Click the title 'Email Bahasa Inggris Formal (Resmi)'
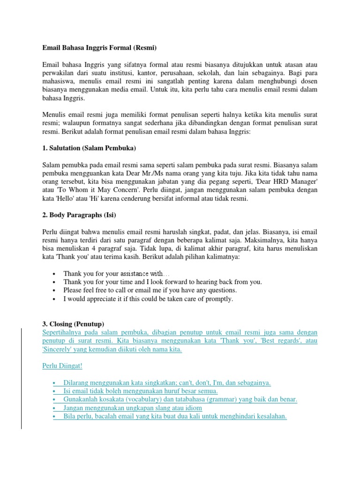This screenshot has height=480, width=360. click(x=99, y=48)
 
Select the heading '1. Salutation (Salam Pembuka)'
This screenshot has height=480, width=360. click(x=89, y=148)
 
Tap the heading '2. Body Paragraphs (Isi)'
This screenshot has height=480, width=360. click(x=79, y=215)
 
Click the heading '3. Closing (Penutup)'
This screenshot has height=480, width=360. click(x=74, y=324)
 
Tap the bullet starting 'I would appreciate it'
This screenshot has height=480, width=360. click(x=148, y=299)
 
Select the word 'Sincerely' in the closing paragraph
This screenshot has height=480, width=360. click(x=57, y=349)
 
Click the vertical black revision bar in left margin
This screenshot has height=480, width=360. click(x=20, y=372)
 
